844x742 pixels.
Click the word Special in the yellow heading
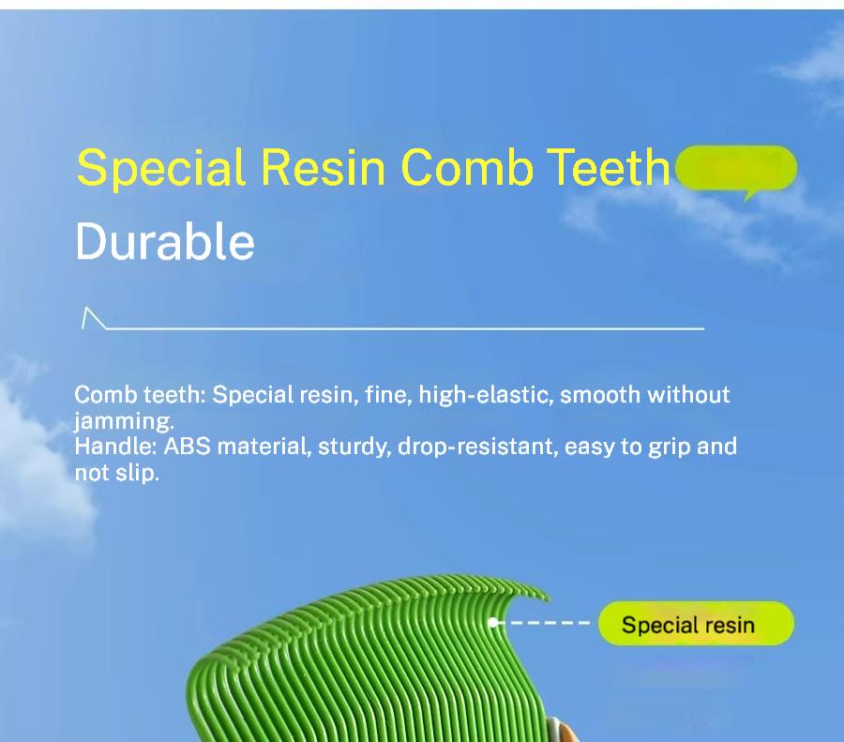click(161, 168)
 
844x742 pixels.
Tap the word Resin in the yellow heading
click(323, 167)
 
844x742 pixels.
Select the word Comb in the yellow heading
click(467, 167)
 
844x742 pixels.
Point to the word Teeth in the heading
click(609, 167)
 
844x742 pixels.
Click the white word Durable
click(165, 241)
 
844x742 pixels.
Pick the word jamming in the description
click(124, 421)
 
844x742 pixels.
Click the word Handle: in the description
click(115, 447)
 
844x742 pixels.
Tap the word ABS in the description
click(188, 447)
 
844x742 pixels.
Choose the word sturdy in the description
click(354, 447)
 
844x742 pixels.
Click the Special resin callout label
click(696, 624)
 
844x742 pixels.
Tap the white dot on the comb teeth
click(492, 623)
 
